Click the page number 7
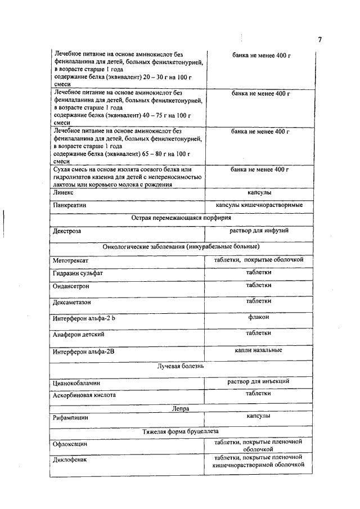[319, 39]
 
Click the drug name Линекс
[63, 193]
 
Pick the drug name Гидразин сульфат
[78, 273]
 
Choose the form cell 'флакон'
[258, 317]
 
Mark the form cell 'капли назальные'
[258, 350]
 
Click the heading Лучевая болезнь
[180, 366]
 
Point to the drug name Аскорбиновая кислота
[84, 395]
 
